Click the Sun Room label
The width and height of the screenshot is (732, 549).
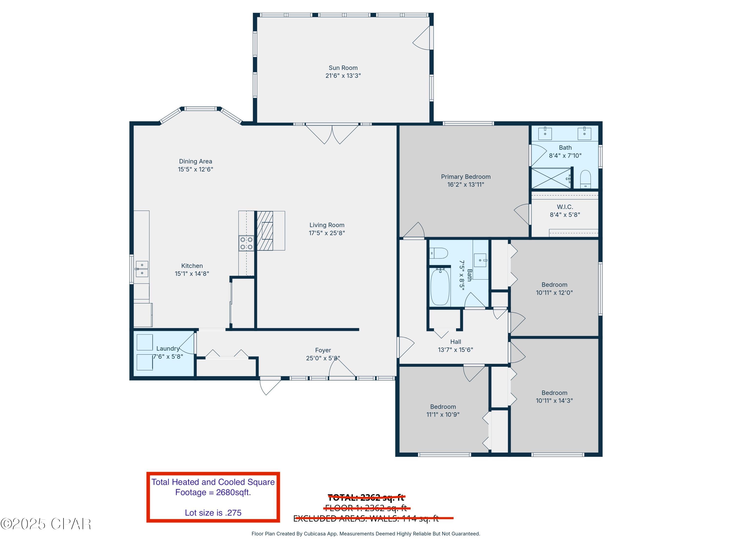click(343, 68)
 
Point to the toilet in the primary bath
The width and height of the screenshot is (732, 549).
click(585, 179)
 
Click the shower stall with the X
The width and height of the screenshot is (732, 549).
click(551, 178)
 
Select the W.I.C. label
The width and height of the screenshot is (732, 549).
click(565, 207)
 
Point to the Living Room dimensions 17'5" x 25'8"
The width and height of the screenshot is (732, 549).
click(327, 233)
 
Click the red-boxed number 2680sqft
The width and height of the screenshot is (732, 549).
click(233, 492)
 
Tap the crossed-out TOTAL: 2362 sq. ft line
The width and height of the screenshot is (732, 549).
click(366, 497)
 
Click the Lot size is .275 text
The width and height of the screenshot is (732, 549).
click(213, 513)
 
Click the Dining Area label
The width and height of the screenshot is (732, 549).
click(195, 162)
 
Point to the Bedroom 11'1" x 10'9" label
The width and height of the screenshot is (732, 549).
click(443, 407)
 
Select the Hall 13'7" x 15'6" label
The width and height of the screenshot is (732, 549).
click(455, 342)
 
